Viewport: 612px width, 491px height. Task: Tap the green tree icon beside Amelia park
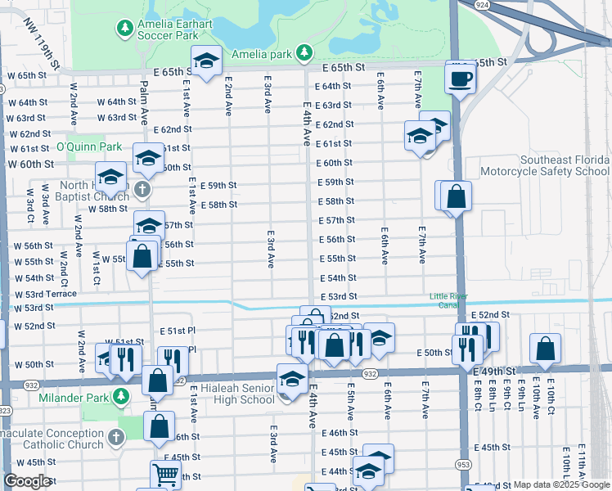click(304, 53)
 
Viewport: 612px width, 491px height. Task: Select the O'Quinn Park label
click(88, 147)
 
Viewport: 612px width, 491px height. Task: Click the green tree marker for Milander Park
click(121, 397)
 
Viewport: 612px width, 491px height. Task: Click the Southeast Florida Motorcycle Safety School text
click(544, 166)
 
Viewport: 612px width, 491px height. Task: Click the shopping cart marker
click(165, 474)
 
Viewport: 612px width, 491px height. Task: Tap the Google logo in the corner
click(27, 481)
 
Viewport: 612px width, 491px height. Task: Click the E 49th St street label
click(496, 372)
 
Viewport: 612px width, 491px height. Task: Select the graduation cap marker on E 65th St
click(207, 62)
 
